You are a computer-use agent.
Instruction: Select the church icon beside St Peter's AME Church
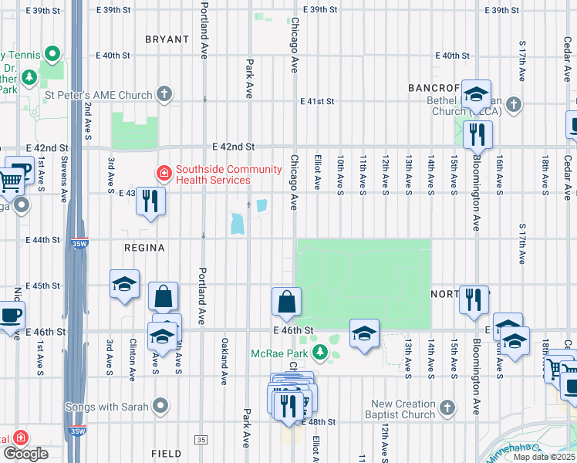coord(164,94)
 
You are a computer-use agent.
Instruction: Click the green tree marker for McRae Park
coord(324,354)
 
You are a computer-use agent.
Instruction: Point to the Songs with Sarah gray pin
coord(160,405)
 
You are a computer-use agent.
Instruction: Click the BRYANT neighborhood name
coord(167,39)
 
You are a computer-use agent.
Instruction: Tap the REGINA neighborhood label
coord(144,248)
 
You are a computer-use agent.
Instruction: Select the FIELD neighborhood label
coord(166,455)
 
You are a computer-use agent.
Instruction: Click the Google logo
coord(25,453)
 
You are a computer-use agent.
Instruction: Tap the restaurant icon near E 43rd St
coord(150,202)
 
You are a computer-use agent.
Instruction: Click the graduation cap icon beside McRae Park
coord(364,333)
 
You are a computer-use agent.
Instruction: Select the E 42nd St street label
coord(234,146)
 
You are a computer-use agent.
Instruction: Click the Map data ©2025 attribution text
coord(544,457)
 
